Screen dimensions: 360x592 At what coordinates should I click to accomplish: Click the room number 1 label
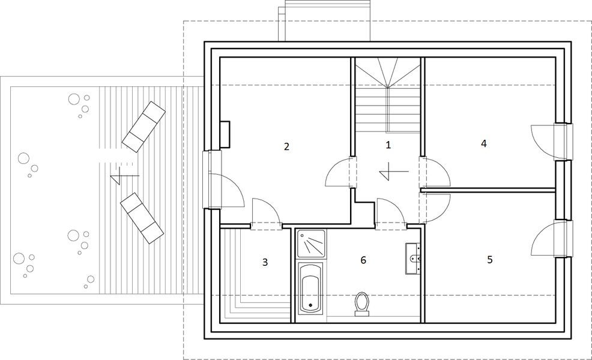point(388,145)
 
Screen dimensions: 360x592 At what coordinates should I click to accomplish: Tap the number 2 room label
point(287,146)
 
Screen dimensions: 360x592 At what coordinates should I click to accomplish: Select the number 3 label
point(264,262)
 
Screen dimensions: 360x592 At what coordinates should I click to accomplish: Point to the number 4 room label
point(483,143)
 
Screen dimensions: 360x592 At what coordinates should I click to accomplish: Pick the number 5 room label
point(490,260)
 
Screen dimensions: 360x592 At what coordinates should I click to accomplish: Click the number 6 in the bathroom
point(363,260)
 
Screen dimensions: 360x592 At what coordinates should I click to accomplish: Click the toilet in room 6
point(361,303)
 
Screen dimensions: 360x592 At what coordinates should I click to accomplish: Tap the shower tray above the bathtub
point(311,244)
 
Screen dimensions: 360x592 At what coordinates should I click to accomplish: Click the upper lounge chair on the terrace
point(143,125)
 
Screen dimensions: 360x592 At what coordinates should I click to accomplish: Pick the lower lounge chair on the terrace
point(142,217)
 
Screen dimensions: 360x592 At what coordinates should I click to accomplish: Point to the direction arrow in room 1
point(394,172)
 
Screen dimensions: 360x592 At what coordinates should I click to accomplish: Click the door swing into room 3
point(265,213)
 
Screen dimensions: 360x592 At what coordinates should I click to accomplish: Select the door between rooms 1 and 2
point(340,173)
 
